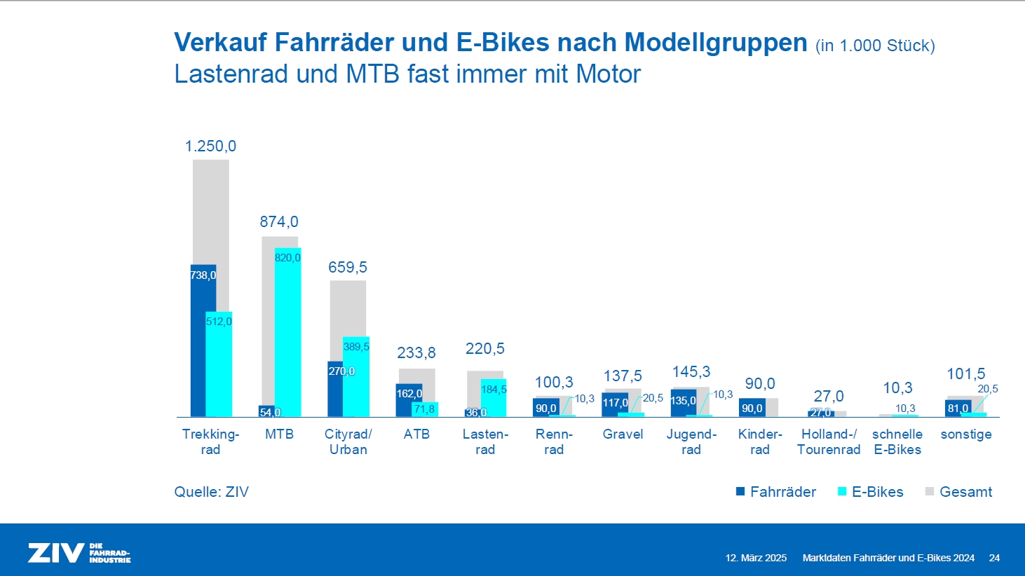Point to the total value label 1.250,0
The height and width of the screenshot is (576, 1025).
[x=210, y=146]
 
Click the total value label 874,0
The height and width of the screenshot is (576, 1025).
[x=279, y=222]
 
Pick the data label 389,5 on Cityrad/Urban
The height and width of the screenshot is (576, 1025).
[x=356, y=347]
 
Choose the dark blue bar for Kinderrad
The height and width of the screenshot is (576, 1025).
[x=752, y=408]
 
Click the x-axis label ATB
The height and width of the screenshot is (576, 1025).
[x=416, y=434]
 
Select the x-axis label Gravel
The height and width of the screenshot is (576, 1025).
[x=623, y=434]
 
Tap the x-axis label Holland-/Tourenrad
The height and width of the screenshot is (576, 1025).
[x=829, y=442]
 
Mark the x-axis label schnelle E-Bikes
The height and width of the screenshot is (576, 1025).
[x=897, y=442]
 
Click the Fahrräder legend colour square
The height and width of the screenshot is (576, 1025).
[x=740, y=492]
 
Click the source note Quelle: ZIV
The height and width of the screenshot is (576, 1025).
[x=211, y=492]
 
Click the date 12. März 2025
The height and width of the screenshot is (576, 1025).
[x=756, y=558]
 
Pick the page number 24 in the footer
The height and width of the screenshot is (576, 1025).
[x=994, y=558]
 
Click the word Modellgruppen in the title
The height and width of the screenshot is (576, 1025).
[x=716, y=43]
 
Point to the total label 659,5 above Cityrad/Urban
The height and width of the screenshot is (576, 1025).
[x=348, y=268]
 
